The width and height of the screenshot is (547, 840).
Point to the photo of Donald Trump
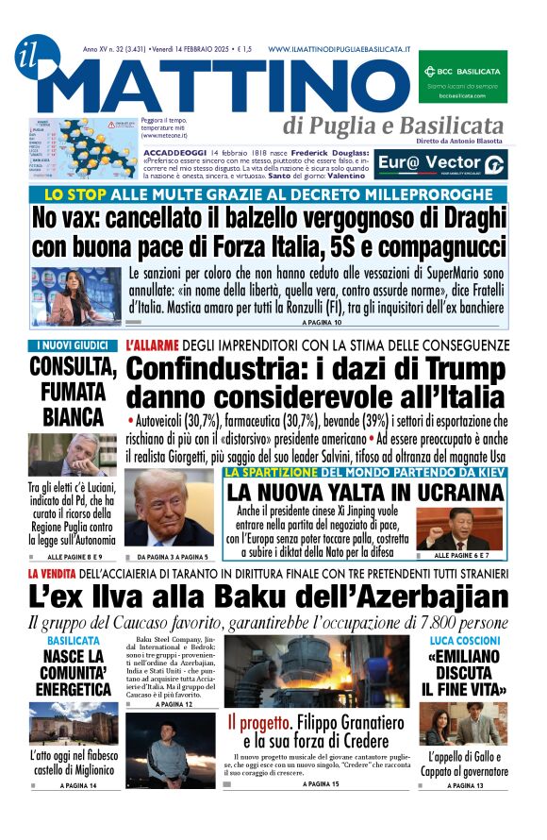click(x=171, y=511)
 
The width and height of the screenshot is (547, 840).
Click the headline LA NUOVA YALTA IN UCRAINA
click(x=365, y=492)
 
